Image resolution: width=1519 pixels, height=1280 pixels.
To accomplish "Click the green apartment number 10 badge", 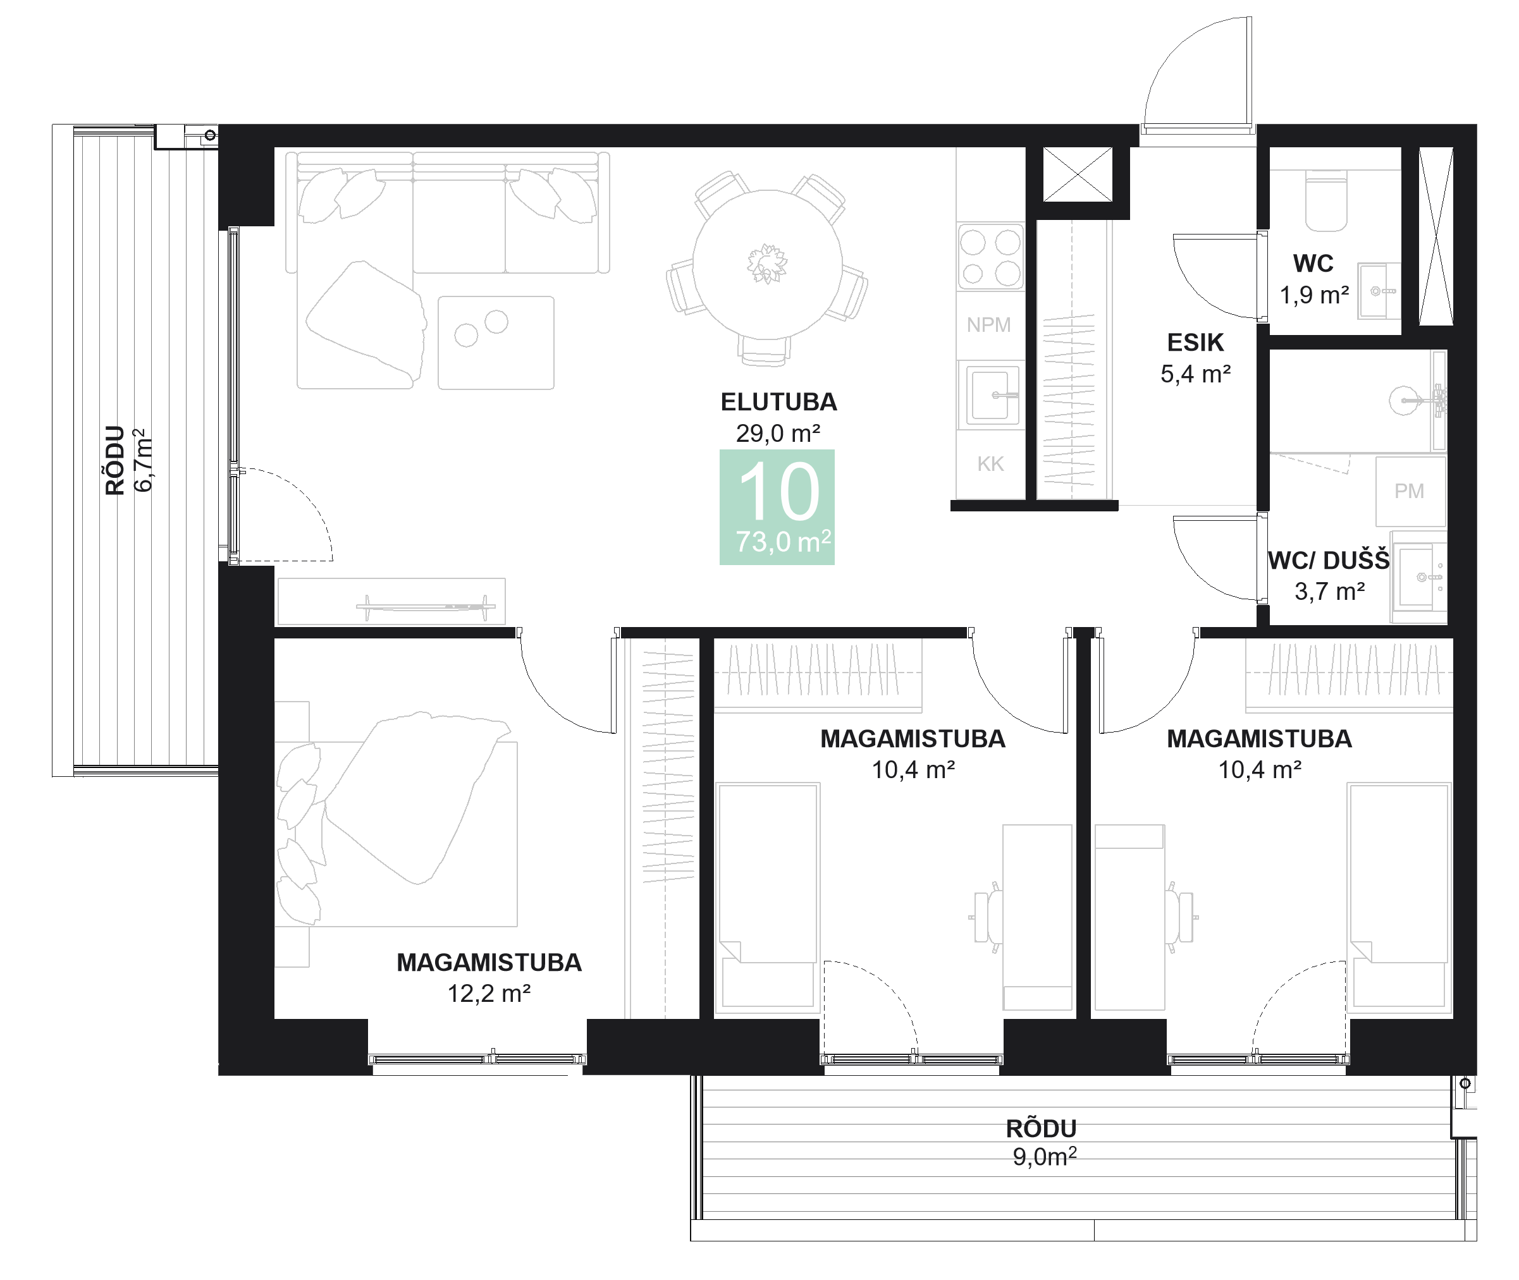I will [777, 506].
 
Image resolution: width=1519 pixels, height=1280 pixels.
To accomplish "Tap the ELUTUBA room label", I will [778, 401].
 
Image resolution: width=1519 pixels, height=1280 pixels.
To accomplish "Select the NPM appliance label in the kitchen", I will [988, 325].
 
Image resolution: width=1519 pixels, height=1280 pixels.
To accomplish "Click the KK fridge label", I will [990, 464].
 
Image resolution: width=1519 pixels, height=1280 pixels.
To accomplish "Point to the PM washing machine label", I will [1409, 491].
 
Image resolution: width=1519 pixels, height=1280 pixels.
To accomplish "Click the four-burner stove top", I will [990, 257].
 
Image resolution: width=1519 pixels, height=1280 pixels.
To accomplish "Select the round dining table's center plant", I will [766, 263].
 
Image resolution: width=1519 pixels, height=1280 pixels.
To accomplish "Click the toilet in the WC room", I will [1325, 200].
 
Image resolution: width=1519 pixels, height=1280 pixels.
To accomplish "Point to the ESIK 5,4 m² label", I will [1195, 358].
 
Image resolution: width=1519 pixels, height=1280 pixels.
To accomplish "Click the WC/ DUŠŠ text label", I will [1328, 561].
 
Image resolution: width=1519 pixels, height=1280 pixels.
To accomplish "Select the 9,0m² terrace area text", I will [1043, 1157].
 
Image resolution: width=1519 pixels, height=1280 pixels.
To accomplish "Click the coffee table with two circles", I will [496, 343].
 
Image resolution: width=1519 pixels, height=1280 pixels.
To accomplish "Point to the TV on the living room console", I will [426, 606].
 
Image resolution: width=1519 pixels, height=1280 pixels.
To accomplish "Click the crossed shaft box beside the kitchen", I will [1077, 174].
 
